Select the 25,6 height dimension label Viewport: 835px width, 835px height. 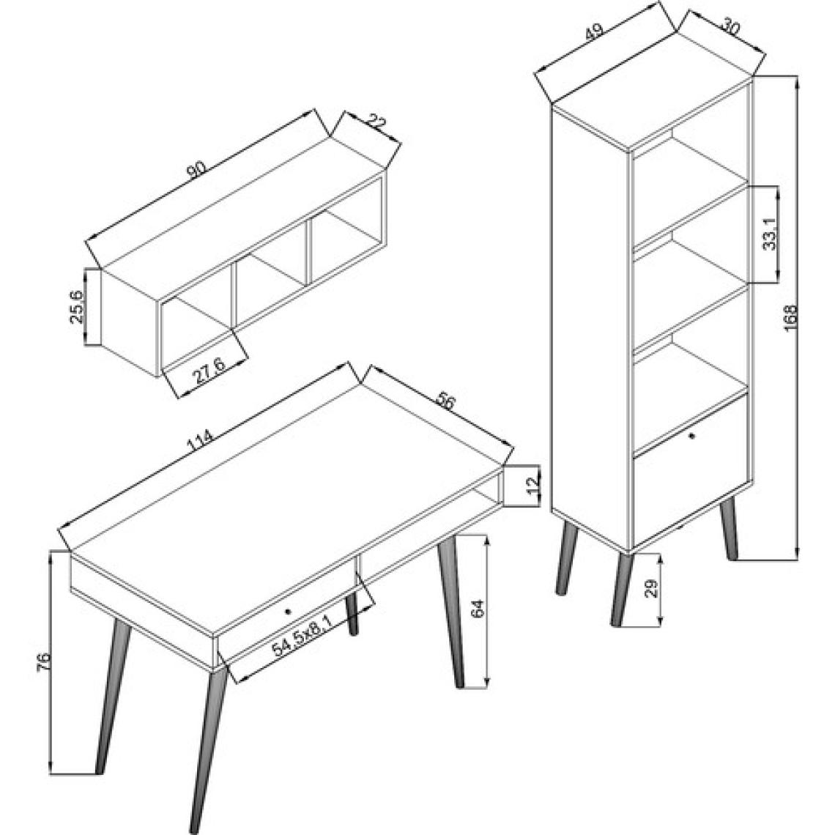tap(76, 308)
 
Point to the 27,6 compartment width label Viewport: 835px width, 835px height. tap(209, 371)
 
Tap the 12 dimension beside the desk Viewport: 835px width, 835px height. tap(534, 485)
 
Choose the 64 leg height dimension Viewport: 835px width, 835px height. tap(478, 609)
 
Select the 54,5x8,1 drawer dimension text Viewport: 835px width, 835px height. tap(303, 631)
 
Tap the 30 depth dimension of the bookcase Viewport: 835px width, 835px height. tap(732, 27)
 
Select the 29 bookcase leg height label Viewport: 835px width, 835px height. tap(653, 587)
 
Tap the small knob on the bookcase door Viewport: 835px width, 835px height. tap(691, 436)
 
